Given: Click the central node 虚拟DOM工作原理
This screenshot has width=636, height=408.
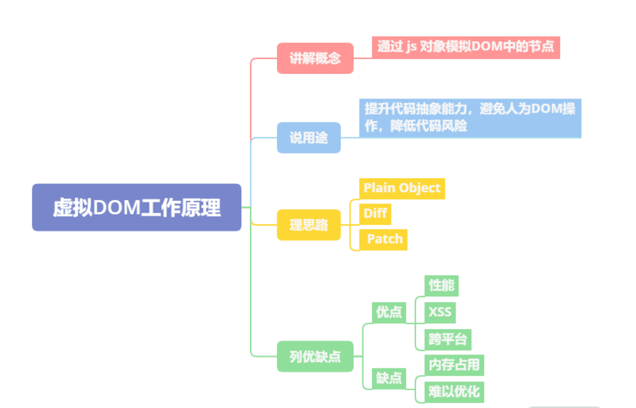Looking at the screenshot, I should coord(136,207).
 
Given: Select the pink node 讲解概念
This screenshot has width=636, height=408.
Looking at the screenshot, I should coord(315,58).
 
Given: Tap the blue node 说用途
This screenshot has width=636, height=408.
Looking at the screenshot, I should coord(308,138).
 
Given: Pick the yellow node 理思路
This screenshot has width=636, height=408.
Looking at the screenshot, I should coord(308,225).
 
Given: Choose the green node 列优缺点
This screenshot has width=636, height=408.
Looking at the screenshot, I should coord(315,356).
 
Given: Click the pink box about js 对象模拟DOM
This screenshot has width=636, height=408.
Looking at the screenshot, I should coord(466,47).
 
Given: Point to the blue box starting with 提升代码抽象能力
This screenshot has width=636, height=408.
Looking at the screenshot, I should coord(470,118).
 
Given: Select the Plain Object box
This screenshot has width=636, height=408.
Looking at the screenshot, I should coord(402,188).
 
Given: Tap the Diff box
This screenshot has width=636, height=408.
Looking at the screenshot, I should coord(375,214).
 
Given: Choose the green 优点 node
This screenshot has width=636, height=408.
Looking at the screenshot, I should coord(389,312).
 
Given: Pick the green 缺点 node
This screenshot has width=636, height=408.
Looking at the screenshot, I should coord(389,378).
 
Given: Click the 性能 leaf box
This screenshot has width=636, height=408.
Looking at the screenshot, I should coord(441,285).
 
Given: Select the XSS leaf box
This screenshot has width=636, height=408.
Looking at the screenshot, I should coord(440,312).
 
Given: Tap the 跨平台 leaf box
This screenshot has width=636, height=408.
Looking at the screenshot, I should coord(448,339).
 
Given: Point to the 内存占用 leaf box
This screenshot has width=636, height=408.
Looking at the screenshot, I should coord(454,365).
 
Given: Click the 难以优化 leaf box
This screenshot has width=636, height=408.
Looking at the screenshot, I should coord(454,392).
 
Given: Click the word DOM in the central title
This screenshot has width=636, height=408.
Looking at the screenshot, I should coord(116,208).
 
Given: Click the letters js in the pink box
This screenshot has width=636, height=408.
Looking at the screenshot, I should coord(411,47).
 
